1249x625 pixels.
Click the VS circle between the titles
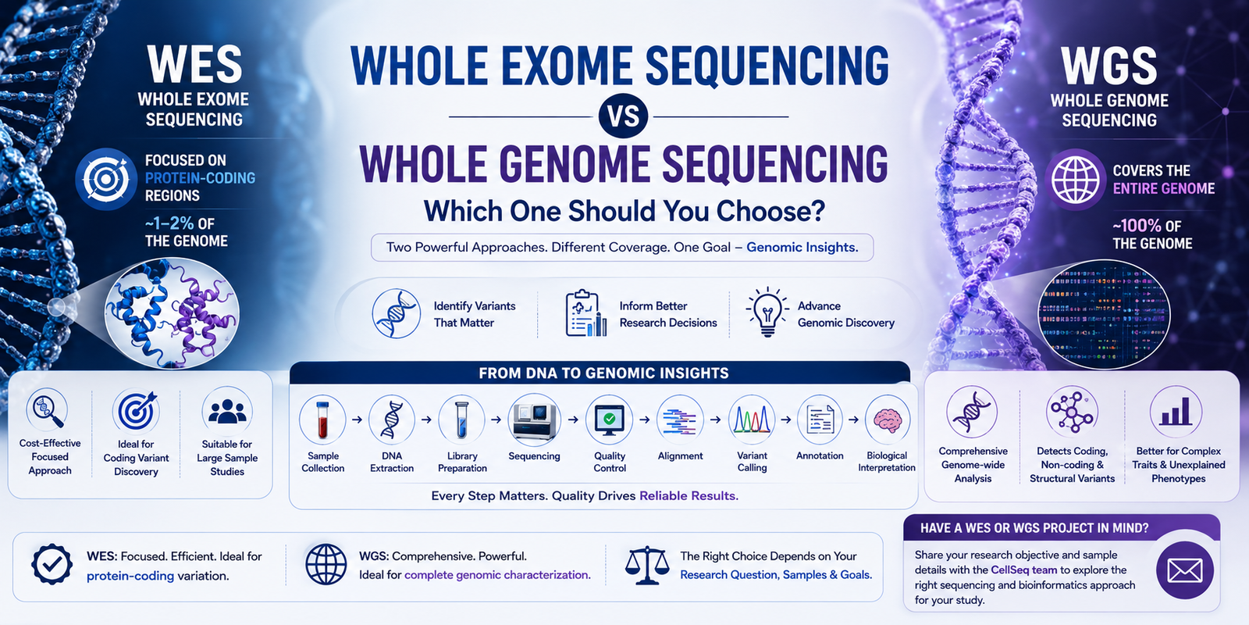point(623,116)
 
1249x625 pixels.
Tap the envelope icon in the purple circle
point(1185,570)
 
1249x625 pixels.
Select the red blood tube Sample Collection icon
point(322,420)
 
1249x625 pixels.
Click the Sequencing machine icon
point(534,420)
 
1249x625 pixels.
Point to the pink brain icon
point(888,420)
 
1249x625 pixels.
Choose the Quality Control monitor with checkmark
point(610,420)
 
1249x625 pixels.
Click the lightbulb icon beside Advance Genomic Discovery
point(767,312)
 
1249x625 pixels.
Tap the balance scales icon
point(647,566)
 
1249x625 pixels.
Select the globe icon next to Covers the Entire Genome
point(1075,180)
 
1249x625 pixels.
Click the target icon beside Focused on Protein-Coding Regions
point(106,179)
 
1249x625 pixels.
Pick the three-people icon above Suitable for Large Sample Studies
point(227,412)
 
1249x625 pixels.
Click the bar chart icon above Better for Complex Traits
point(1176,412)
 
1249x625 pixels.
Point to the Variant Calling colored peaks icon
point(752,420)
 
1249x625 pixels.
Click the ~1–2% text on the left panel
point(169,223)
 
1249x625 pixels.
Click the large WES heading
point(194,64)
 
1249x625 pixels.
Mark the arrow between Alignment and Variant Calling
point(716,420)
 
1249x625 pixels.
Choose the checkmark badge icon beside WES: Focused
point(52,564)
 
